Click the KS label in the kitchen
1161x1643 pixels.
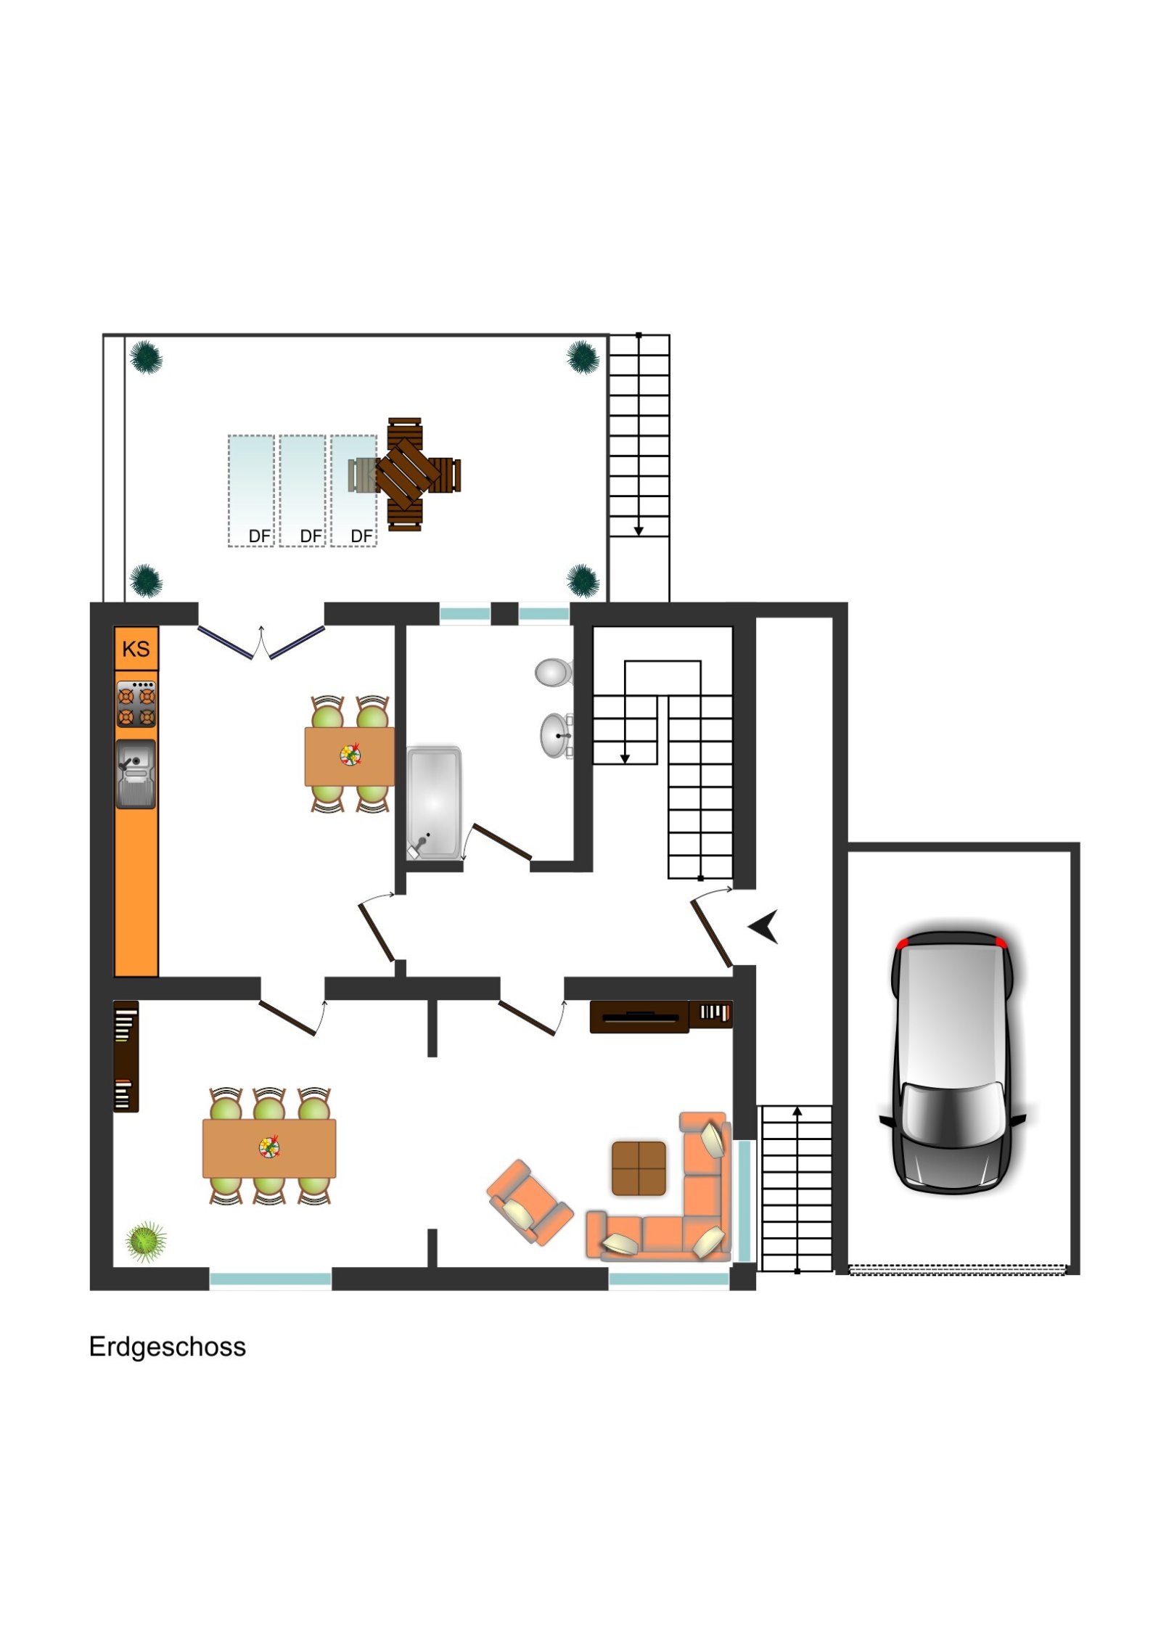[136, 648]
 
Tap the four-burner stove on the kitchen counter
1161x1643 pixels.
[136, 704]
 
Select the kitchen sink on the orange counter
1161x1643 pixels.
[136, 774]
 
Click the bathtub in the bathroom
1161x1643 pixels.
[433, 803]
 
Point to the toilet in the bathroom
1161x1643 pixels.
[553, 672]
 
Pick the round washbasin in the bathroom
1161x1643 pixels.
[555, 736]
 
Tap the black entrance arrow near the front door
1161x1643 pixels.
[764, 926]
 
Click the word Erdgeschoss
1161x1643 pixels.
[167, 1347]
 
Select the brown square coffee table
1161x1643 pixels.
[639, 1168]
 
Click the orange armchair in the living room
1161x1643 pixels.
[528, 1202]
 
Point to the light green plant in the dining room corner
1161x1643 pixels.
[146, 1242]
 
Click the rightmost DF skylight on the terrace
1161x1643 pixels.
[353, 491]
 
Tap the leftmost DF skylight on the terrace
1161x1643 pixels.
[251, 491]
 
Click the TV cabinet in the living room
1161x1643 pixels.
[639, 1017]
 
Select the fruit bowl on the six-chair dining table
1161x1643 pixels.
[269, 1147]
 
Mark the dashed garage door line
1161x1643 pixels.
[956, 1270]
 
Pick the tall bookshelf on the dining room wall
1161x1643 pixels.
[126, 1056]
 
